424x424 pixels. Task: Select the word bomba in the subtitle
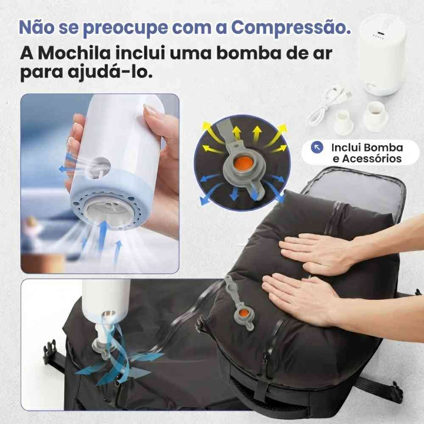[241, 54]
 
